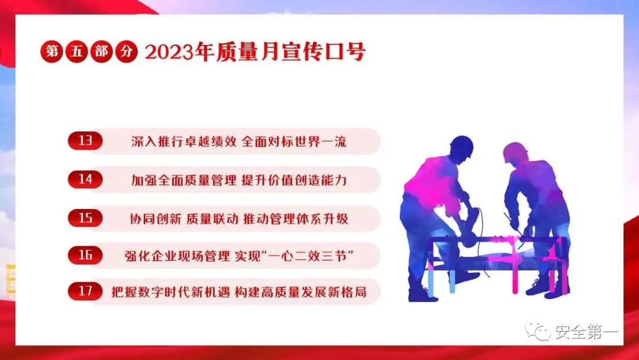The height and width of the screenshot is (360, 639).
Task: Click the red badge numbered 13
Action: tap(85, 141)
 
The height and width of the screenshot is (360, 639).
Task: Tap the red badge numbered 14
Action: tap(85, 179)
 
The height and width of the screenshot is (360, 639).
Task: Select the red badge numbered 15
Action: tap(85, 217)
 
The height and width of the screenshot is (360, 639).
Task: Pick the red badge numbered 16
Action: tap(85, 255)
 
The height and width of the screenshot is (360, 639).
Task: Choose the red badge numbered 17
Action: tap(85, 291)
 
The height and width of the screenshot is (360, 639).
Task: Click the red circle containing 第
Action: tap(51, 52)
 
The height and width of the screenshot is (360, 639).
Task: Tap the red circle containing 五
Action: tap(76, 52)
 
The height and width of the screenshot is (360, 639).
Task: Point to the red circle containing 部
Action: tap(101, 52)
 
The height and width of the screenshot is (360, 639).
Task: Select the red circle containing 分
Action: tap(127, 52)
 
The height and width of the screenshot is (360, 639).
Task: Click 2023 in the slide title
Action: tap(169, 52)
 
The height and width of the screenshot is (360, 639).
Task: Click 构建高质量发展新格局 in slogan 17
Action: tap(301, 292)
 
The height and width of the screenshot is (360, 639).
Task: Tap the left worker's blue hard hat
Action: tap(462, 146)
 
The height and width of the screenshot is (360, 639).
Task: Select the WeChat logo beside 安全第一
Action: tap(538, 331)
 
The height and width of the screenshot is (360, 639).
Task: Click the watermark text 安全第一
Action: tap(586, 332)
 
